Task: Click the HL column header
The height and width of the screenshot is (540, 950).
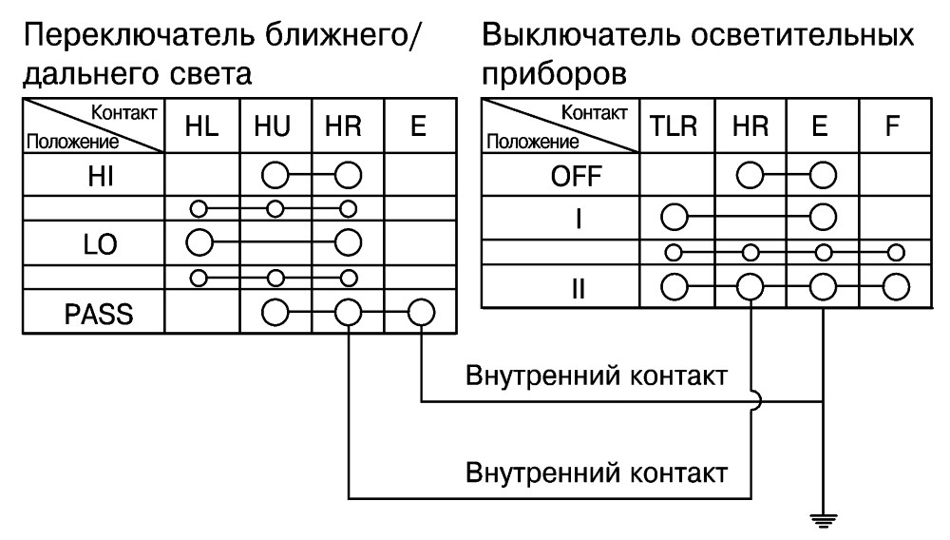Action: (201, 126)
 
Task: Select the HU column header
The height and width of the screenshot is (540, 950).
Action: (273, 126)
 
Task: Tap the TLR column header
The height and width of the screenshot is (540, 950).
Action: (674, 126)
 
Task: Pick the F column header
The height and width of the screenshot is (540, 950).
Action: (892, 126)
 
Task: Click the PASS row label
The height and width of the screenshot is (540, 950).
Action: (99, 314)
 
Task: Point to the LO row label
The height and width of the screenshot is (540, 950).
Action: (100, 244)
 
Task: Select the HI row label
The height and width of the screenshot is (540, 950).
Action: (101, 177)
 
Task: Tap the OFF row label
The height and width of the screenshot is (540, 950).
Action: (577, 177)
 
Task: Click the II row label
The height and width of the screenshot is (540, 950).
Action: (579, 288)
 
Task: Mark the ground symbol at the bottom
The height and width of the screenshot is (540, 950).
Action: (823, 519)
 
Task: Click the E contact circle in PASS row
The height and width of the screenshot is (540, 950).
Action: (421, 314)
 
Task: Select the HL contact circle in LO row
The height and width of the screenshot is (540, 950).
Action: (199, 243)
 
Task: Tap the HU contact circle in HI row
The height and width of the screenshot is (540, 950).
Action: (275, 176)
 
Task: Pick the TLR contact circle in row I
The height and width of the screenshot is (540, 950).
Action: (674, 217)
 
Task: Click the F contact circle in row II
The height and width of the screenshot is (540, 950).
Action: (896, 287)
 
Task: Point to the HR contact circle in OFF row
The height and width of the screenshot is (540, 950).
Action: (750, 176)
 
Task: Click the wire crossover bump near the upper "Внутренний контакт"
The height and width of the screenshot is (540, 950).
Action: (758, 400)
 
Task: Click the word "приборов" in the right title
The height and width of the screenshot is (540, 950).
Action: (555, 74)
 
